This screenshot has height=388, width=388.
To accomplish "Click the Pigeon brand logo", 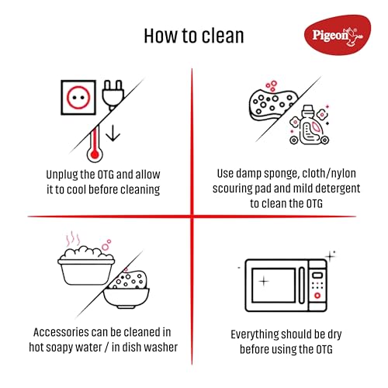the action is [338, 35].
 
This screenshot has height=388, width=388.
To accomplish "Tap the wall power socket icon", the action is [78, 98].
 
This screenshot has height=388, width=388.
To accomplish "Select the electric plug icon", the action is [113, 95].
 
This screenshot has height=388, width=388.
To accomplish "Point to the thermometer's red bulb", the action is [95, 154].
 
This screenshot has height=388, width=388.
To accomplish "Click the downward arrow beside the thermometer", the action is [113, 133].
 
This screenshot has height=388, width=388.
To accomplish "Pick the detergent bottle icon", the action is [310, 125].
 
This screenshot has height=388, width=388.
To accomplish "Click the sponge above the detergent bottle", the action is [273, 104].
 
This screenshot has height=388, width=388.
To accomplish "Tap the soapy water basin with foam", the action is [86, 265].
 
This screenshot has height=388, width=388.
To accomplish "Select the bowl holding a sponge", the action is [126, 289].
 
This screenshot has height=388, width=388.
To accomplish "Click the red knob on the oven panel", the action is [317, 296].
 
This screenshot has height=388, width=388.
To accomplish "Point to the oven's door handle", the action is [302, 285].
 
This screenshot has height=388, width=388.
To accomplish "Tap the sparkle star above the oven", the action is [330, 256].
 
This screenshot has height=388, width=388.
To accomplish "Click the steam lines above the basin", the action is [73, 239].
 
